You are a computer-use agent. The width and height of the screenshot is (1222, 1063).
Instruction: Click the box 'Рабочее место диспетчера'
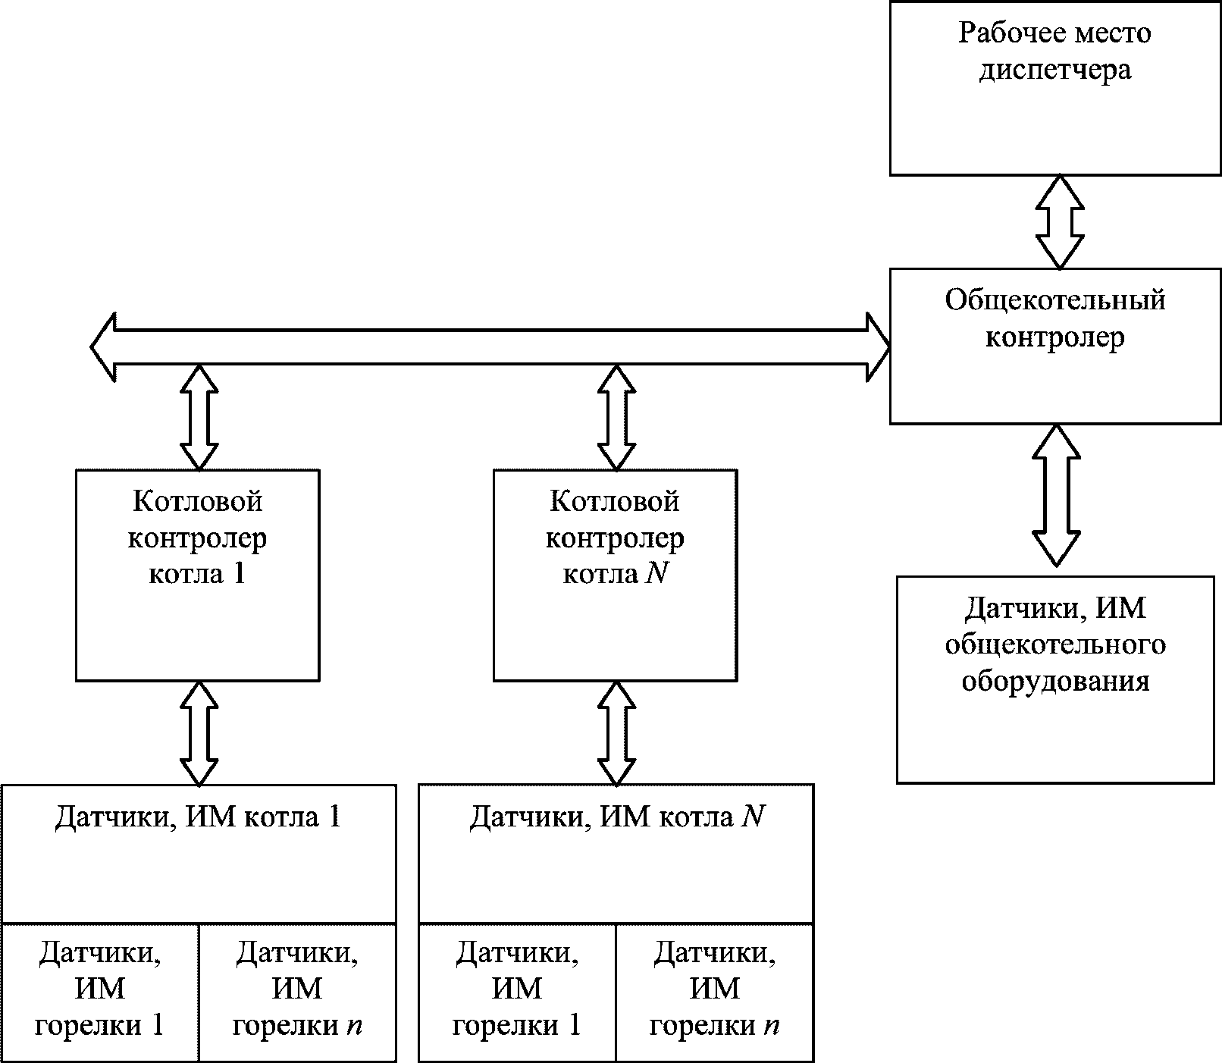[1055, 88]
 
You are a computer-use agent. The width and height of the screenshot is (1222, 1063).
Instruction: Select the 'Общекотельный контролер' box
[1055, 346]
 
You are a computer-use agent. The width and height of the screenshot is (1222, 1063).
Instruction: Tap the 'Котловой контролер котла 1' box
[197, 575]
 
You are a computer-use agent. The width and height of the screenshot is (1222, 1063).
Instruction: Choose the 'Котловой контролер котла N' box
[615, 575]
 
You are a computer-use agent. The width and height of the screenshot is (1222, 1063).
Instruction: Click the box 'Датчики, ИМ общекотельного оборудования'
[1055, 679]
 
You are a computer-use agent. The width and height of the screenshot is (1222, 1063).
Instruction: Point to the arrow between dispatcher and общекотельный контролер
[1060, 222]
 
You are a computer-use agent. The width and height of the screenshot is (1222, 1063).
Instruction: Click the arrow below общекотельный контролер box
[1056, 495]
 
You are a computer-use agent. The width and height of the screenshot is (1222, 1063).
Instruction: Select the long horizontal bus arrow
[490, 346]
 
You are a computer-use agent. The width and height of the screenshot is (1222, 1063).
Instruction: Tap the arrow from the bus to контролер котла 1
[199, 418]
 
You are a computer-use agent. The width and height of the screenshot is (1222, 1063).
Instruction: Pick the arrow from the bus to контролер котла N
[616, 418]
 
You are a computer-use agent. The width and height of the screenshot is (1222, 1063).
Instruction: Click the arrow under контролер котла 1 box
[199, 733]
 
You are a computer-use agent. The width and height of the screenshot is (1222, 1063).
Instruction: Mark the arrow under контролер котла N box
[616, 733]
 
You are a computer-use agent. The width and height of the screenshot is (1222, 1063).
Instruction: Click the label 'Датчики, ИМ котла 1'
[198, 817]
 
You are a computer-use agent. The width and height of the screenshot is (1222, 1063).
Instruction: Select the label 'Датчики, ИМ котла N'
[616, 817]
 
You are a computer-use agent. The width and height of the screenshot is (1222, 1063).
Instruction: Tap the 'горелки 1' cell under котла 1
[100, 992]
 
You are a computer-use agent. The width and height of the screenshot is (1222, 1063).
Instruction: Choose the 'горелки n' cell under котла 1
[297, 992]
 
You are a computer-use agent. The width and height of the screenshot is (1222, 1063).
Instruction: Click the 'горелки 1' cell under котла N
[517, 992]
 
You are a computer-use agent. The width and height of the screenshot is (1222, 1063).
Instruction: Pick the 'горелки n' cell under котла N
[715, 992]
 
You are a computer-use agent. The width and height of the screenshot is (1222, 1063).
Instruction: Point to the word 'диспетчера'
[1055, 70]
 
